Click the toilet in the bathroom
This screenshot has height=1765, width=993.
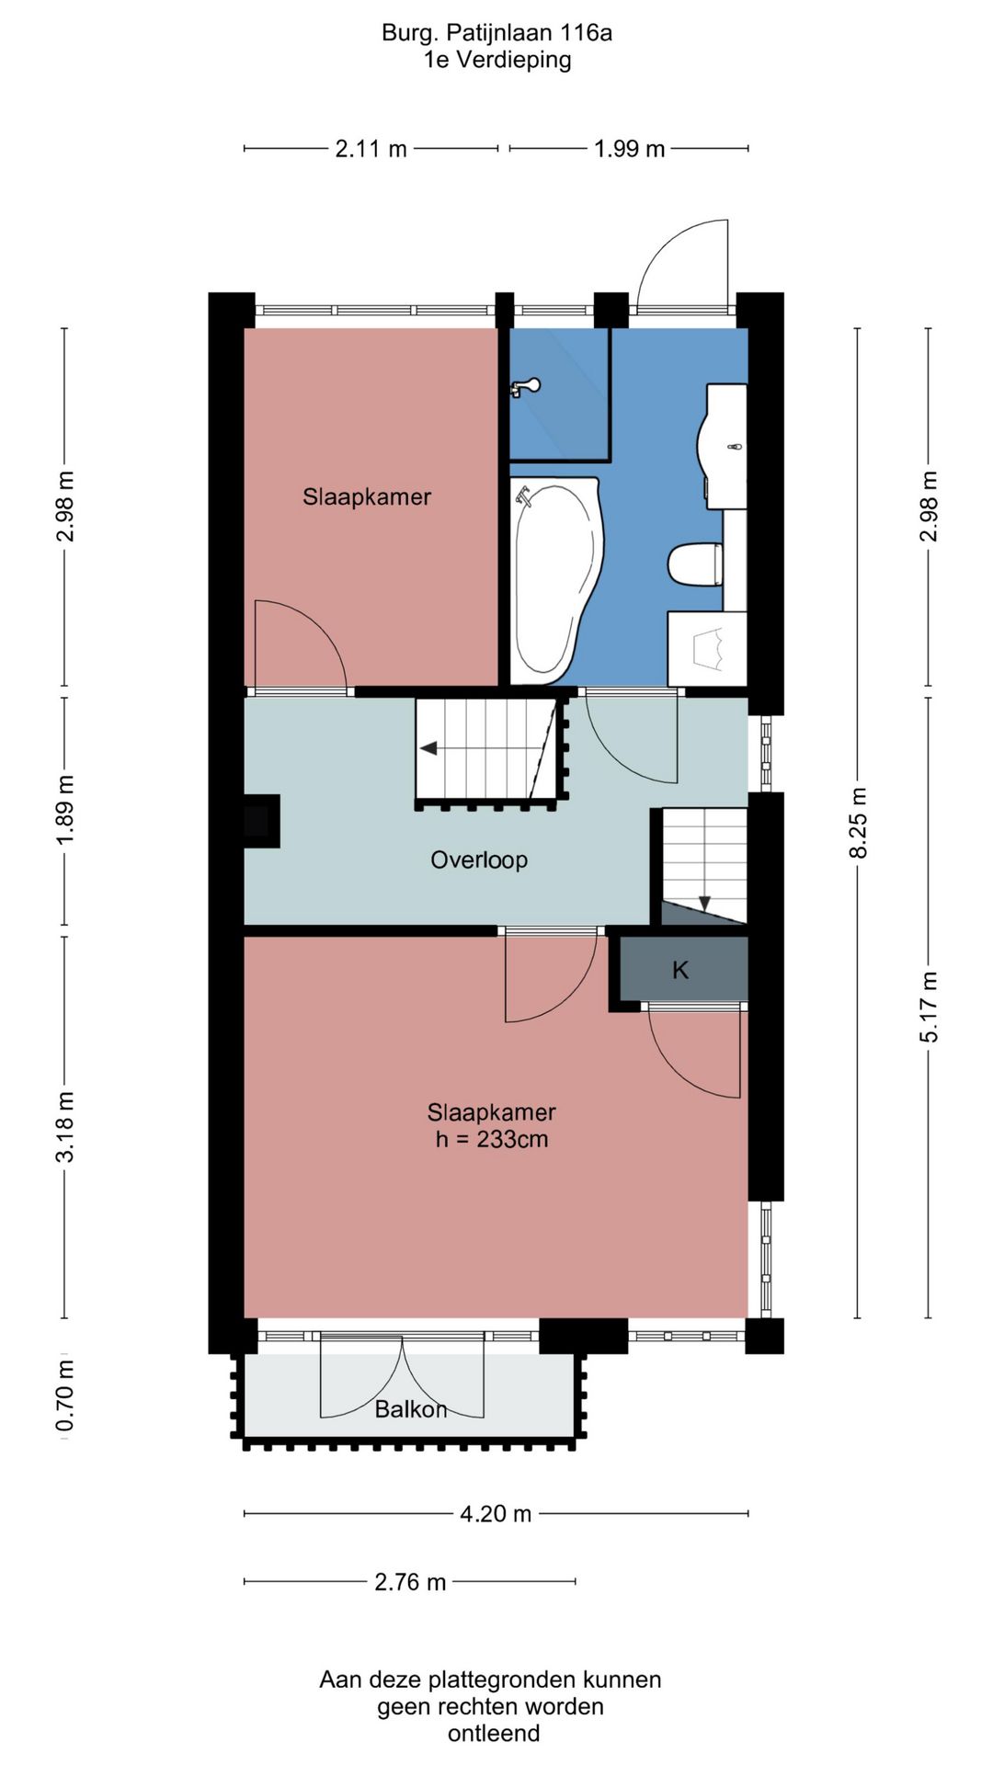(x=695, y=564)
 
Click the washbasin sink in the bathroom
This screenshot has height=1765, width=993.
(x=725, y=447)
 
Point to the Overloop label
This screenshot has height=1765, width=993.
(x=479, y=860)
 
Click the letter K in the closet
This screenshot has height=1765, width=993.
(x=680, y=970)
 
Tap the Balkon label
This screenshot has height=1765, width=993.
(x=410, y=1409)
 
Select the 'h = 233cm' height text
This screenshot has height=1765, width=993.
(x=492, y=1140)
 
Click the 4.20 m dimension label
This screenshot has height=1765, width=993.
(x=496, y=1514)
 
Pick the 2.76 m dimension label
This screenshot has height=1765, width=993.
(x=410, y=1582)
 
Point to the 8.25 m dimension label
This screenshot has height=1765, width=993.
(x=857, y=823)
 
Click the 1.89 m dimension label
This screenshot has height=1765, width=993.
(x=64, y=811)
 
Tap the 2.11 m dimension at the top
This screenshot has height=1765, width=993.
(x=371, y=149)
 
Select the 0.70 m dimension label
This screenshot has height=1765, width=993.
(x=64, y=1396)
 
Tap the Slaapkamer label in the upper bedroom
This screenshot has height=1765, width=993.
(x=367, y=497)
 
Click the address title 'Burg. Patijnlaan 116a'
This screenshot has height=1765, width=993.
(x=496, y=33)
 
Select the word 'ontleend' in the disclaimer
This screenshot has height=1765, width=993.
(x=494, y=1734)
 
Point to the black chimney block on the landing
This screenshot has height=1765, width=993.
(x=261, y=820)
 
